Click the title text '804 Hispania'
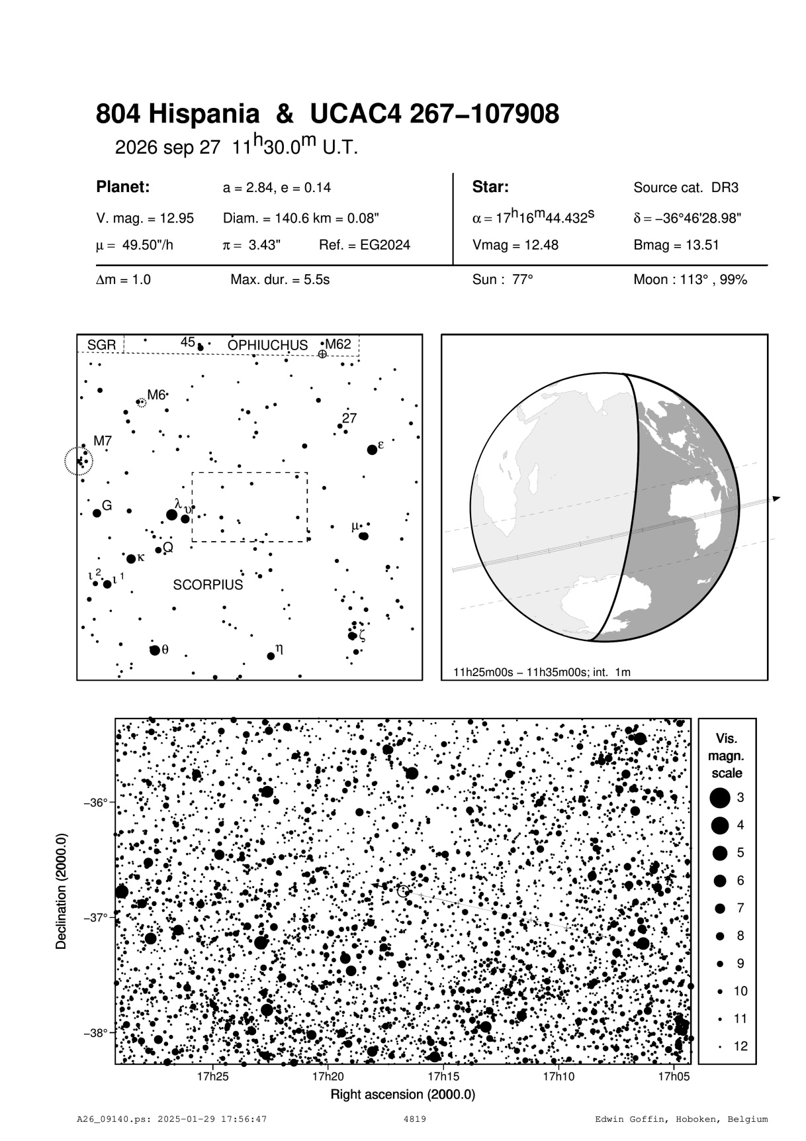click(x=177, y=115)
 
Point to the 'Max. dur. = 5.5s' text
click(x=279, y=279)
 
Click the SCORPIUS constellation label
click(x=208, y=585)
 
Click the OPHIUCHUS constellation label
click(x=267, y=345)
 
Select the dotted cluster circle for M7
click(x=79, y=461)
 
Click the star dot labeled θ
click(x=154, y=650)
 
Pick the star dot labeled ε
click(x=372, y=450)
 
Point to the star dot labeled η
click(x=271, y=656)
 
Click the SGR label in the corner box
click(x=101, y=345)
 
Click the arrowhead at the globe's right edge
click(x=777, y=498)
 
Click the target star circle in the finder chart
click(x=404, y=891)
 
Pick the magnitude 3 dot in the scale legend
click(x=719, y=798)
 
